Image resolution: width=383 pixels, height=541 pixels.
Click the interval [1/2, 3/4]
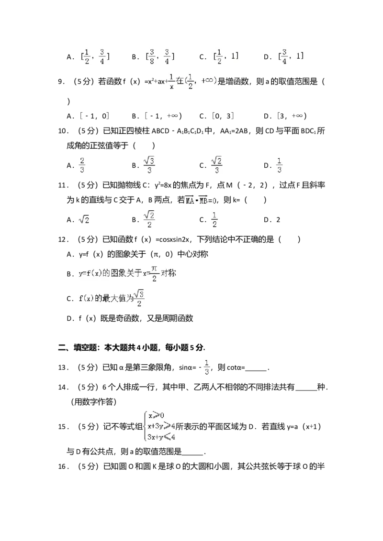94,56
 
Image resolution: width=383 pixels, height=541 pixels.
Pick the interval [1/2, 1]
226,56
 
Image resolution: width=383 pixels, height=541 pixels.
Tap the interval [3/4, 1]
291,56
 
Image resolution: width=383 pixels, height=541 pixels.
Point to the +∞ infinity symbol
209,81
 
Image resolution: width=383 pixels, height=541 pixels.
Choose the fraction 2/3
82,164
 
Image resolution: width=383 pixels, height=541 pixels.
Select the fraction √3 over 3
149,164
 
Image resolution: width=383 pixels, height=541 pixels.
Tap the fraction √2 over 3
218,164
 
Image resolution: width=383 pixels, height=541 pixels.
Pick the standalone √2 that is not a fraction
84,219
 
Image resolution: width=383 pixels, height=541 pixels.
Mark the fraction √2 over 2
149,219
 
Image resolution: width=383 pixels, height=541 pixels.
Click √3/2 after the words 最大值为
139,298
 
